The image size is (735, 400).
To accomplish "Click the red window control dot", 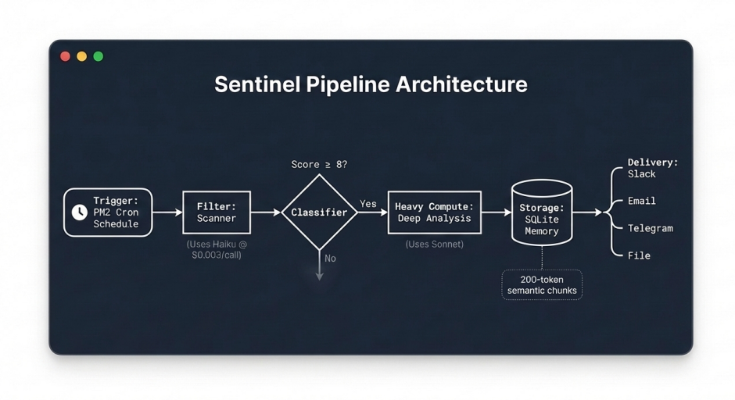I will tap(66, 56).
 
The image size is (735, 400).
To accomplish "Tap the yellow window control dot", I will tap(82, 56).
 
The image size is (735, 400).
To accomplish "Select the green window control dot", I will tap(99, 56).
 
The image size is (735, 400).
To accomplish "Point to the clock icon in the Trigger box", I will tap(80, 212).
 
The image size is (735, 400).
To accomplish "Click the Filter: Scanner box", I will tap(217, 212).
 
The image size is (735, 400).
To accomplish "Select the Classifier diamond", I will tap(319, 212).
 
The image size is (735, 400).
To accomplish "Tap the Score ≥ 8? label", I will tap(319, 165).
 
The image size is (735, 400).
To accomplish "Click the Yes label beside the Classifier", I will tap(367, 204).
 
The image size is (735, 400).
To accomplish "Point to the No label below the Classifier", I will tap(330, 259).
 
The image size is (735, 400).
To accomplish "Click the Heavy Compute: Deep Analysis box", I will tap(434, 212).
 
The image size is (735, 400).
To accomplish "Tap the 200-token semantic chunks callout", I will tap(542, 285).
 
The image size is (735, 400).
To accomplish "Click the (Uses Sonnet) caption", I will tap(434, 245).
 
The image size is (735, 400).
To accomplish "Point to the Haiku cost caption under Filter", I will tap(217, 249).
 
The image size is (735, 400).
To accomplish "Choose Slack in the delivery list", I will tap(642, 174).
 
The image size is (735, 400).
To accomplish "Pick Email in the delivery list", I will tap(642, 201).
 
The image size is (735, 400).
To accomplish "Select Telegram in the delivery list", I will tap(650, 228).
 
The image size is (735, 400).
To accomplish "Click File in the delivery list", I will tap(639, 255).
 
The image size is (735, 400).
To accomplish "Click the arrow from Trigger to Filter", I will tap(167, 212).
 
